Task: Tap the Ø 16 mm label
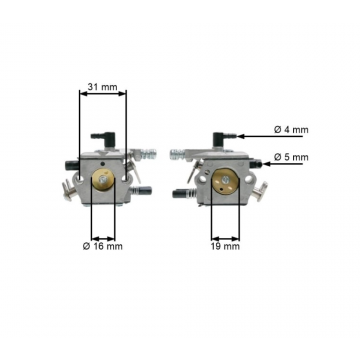(102, 245)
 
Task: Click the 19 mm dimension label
(225, 245)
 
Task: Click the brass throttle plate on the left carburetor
(101, 181)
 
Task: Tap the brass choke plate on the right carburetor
(225, 180)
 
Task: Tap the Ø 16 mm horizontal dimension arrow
(101, 233)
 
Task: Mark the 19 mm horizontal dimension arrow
(225, 233)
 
